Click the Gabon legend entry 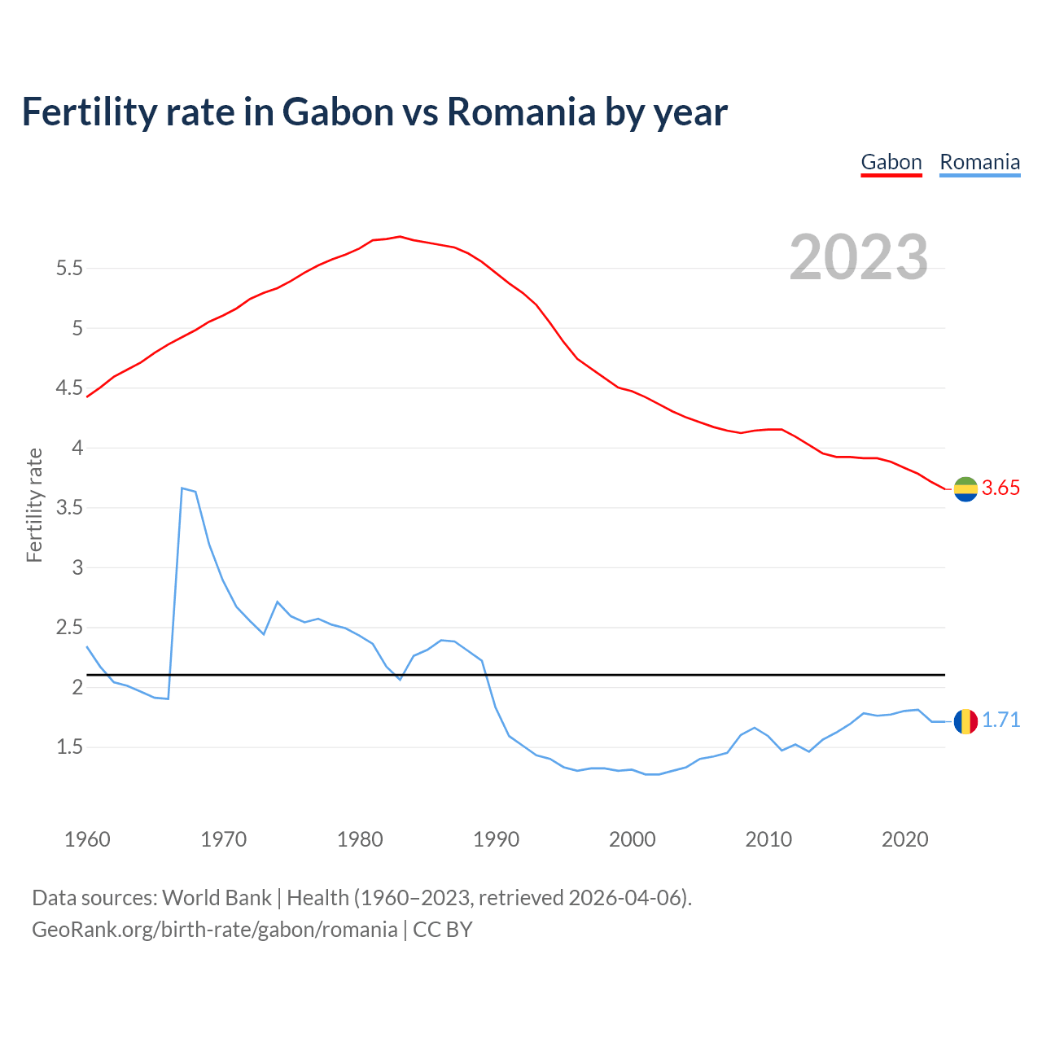(891, 162)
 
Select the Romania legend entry (979, 162)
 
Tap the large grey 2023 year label (859, 257)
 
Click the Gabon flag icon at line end (965, 488)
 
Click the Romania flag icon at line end (965, 721)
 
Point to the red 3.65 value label (1000, 488)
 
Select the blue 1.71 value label (1000, 720)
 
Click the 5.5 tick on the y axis (70, 268)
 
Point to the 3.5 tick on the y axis (70, 508)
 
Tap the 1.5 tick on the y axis (70, 747)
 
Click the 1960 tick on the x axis (87, 839)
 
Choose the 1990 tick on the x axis (496, 839)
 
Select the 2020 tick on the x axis (904, 839)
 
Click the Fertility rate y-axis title (34, 505)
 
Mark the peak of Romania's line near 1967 (182, 488)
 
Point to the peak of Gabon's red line (400, 236)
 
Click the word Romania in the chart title (521, 112)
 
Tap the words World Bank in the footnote (217, 898)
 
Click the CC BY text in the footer (443, 930)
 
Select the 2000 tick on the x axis (633, 839)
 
